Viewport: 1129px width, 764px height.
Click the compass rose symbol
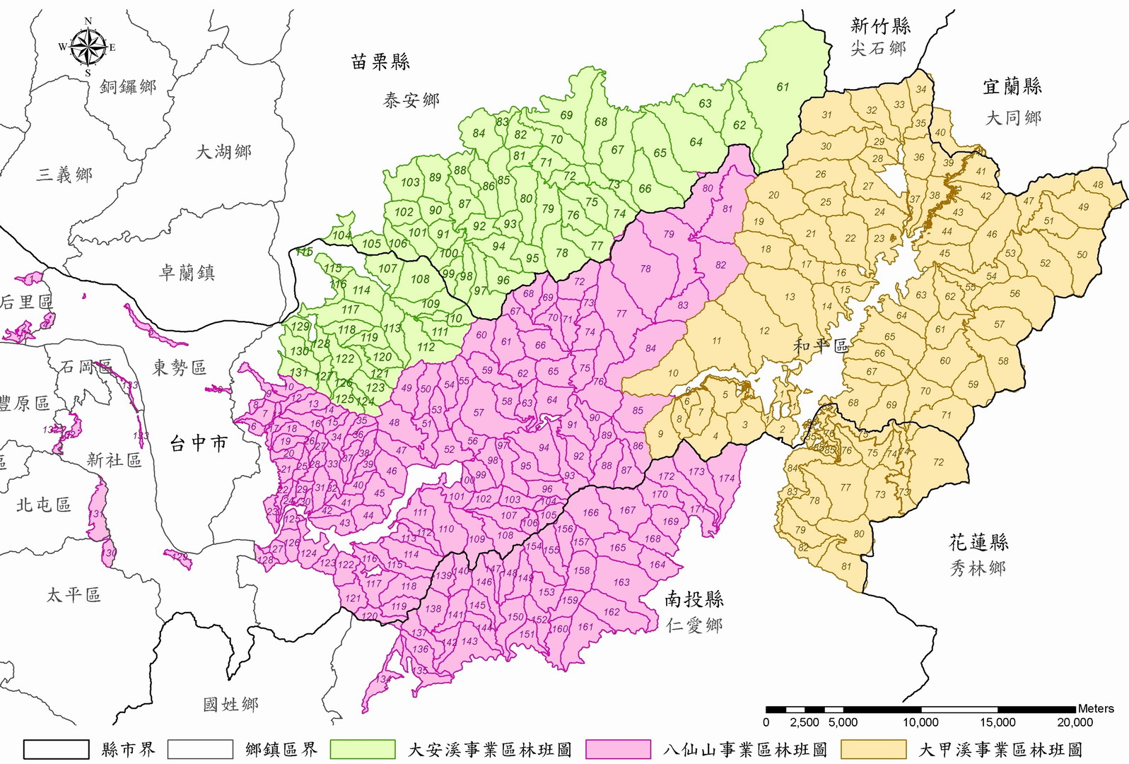(x=88, y=47)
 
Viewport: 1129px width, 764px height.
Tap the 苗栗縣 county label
(x=380, y=62)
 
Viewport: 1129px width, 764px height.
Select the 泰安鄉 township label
(x=411, y=100)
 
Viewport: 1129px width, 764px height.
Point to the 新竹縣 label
(x=880, y=26)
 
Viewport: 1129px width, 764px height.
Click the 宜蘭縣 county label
(x=1012, y=87)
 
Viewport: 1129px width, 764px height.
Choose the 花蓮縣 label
(x=978, y=543)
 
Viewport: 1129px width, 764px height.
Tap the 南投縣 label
(x=694, y=599)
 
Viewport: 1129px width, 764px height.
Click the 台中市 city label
(x=199, y=443)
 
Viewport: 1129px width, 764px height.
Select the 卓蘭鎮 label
(x=187, y=272)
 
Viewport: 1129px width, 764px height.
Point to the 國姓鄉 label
(x=230, y=704)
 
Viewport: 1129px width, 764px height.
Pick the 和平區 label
(x=820, y=346)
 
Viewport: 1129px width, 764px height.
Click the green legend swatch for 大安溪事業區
(x=363, y=749)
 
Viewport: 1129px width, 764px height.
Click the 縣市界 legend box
(x=57, y=749)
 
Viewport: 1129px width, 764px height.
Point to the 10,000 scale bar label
(x=920, y=722)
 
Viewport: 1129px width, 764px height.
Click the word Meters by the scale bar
(x=1096, y=708)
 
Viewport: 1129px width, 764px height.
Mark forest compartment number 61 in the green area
(x=783, y=87)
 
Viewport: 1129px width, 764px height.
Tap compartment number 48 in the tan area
(x=1097, y=185)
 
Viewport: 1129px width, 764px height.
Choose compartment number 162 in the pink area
(x=612, y=612)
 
